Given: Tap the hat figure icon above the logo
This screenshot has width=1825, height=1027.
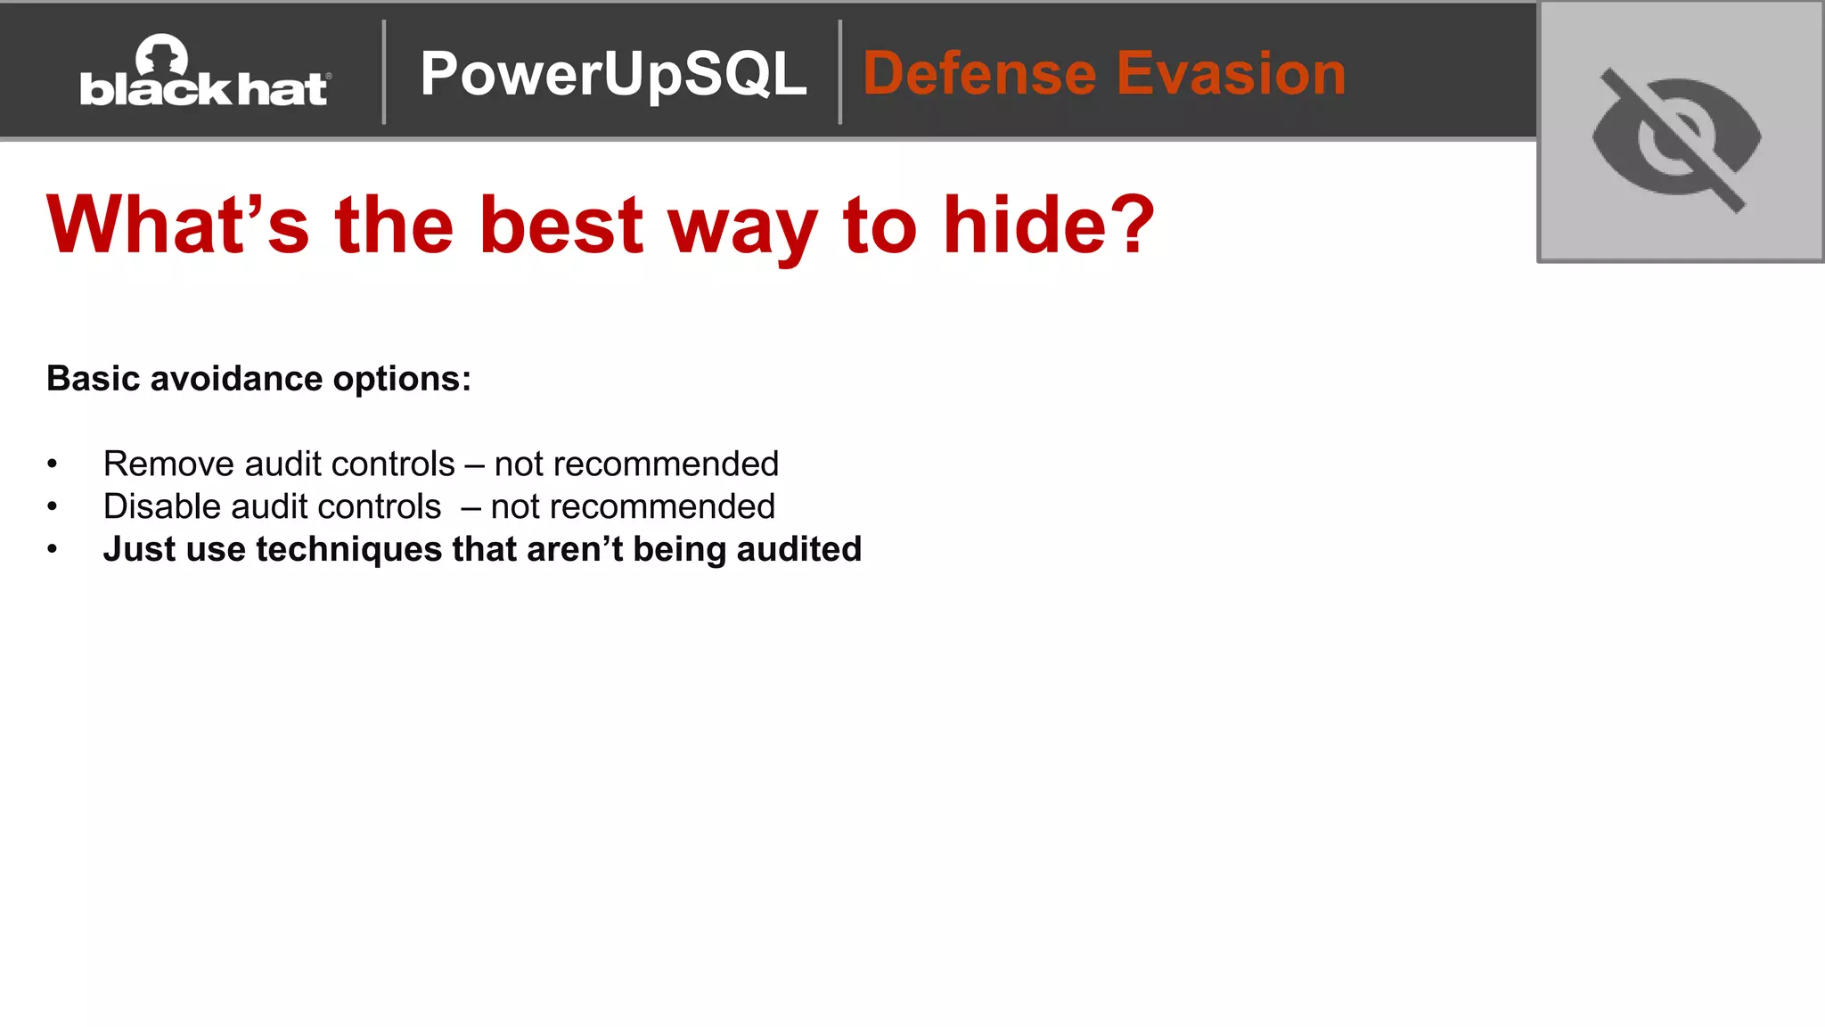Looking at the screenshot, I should point(161,55).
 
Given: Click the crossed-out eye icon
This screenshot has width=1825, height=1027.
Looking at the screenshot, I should point(1676,138).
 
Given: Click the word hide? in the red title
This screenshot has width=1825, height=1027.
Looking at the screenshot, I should point(1048,225).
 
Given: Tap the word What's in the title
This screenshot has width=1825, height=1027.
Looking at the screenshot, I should point(177,225).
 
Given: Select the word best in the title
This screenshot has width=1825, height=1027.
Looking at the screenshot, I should point(561,225).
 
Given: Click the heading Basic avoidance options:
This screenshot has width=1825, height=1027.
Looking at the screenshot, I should point(258,379).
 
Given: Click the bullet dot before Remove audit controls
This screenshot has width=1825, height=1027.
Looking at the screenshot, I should point(53,464).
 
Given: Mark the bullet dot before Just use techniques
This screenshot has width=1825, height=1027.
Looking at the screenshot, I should point(53,549).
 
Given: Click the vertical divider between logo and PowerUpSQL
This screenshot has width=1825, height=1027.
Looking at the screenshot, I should point(384,71).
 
